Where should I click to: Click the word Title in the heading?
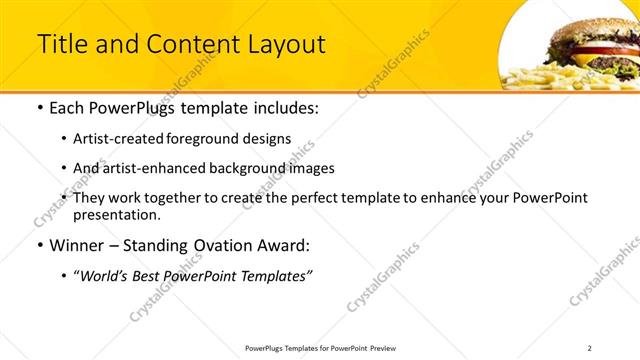point(62,45)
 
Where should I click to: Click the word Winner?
point(83,245)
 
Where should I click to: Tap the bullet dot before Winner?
point(39,245)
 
